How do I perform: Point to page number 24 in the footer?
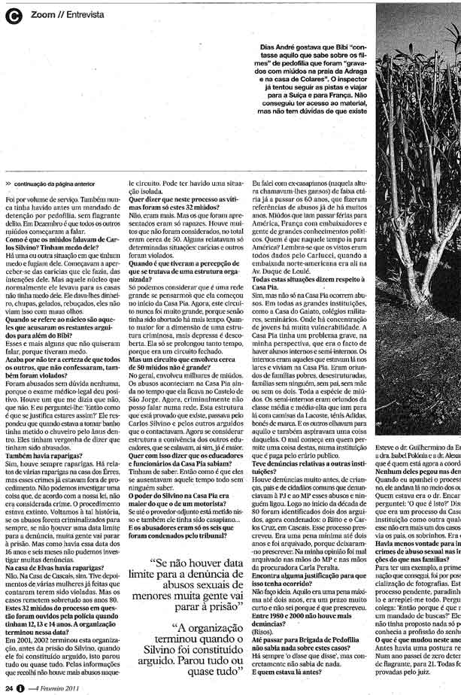click(8, 686)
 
